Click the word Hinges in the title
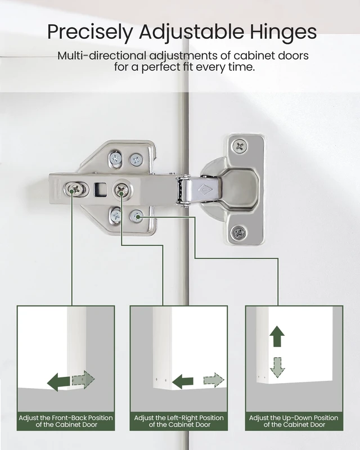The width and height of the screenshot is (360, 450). click(x=283, y=32)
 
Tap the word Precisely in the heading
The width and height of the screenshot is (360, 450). click(x=90, y=32)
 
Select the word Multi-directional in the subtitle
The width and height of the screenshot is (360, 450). click(x=102, y=55)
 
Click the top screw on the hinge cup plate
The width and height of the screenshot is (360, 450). click(x=240, y=146)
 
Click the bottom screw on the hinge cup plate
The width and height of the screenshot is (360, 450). click(x=238, y=232)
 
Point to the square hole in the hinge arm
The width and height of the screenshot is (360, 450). click(x=100, y=190)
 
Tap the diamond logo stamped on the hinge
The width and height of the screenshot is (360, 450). click(x=205, y=190)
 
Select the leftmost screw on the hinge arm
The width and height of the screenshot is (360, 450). click(x=76, y=189)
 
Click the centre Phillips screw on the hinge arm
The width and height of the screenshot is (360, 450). click(x=121, y=190)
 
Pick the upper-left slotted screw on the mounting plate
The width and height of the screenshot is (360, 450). click(x=116, y=158)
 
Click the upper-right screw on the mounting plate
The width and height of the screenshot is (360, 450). click(x=136, y=160)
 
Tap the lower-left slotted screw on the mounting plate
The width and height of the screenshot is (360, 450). click(x=116, y=215)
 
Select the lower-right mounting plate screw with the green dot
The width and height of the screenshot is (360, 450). click(x=136, y=216)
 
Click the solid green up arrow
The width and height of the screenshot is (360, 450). click(x=277, y=336)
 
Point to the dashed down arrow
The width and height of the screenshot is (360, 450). click(x=277, y=367)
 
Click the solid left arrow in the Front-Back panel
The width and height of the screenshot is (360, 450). click(x=58, y=382)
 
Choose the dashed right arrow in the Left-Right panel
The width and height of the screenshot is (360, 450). click(x=214, y=381)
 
